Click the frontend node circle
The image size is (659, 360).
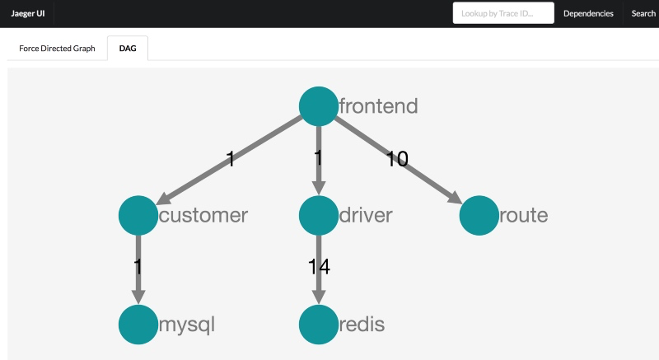[319, 106]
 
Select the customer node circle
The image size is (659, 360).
[138, 216]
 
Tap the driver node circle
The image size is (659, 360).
[319, 216]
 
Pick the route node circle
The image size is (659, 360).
[479, 216]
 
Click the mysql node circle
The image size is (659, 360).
[138, 325]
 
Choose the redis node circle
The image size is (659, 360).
[319, 325]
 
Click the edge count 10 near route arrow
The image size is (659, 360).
[397, 159]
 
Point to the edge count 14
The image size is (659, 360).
[319, 267]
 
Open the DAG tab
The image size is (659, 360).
[128, 49]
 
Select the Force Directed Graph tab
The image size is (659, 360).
[57, 49]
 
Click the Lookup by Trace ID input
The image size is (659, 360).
[503, 13]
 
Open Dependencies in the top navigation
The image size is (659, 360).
[588, 13]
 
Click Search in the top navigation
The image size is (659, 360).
[643, 13]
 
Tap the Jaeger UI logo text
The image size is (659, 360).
[28, 13]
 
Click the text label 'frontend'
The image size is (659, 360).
[379, 105]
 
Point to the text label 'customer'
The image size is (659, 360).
[203, 215]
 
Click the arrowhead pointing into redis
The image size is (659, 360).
[319, 297]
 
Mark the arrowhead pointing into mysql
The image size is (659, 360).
[138, 297]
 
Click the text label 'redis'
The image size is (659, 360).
[362, 325]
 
